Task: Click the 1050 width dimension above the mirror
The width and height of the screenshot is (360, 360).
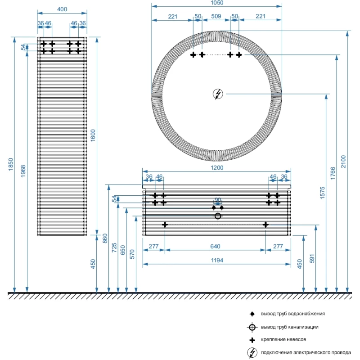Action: (217, 3)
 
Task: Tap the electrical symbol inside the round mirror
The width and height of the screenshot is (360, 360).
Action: (218, 94)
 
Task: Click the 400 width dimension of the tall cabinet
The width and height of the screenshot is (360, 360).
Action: (62, 9)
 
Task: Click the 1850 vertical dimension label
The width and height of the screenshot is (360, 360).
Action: (11, 164)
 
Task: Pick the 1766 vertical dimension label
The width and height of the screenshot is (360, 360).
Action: (333, 173)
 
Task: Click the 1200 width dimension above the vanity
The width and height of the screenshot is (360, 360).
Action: (217, 167)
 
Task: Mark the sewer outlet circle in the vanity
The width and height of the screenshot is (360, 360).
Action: (218, 216)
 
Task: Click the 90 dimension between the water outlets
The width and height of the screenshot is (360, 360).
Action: (218, 200)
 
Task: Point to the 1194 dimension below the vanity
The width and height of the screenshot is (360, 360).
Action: (216, 260)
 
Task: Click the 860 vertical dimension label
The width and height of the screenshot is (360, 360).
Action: (105, 238)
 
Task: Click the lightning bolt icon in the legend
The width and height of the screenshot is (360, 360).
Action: (252, 352)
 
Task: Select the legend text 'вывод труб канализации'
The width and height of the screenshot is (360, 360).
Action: (290, 327)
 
